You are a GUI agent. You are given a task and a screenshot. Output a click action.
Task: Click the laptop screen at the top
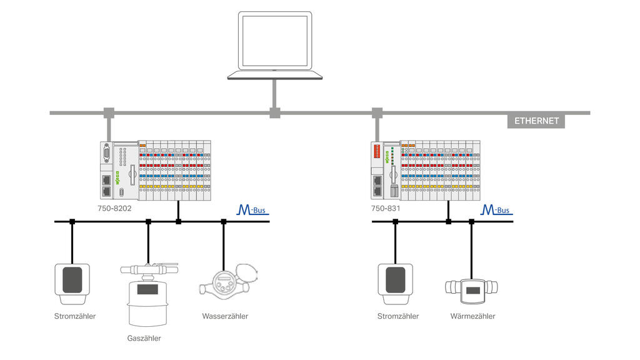coord(275,41)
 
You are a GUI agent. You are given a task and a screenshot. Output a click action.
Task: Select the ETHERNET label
coord(536,121)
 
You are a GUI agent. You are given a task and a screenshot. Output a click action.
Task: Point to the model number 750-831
coord(386,209)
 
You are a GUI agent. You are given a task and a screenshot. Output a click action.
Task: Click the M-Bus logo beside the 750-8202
coord(252,209)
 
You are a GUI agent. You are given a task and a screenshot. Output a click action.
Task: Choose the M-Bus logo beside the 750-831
coord(496,209)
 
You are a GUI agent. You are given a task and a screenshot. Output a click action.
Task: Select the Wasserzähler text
coord(225,316)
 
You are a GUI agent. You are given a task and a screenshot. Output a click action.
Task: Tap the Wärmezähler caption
coord(472,316)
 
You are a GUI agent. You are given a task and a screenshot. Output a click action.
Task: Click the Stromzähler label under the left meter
coord(75,316)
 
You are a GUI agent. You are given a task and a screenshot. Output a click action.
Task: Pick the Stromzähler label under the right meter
coord(398,316)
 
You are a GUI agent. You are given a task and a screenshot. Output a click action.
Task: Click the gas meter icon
coord(147,294)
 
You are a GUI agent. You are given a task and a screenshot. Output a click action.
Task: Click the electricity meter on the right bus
coord(395,279)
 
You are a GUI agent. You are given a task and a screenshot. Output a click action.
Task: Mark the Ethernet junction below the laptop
coord(274,113)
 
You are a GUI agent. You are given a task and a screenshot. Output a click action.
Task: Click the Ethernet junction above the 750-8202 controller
coord(109,113)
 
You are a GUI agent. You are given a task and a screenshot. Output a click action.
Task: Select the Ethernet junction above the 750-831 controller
coord(377,113)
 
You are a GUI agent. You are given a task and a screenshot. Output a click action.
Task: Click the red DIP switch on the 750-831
coord(377,151)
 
